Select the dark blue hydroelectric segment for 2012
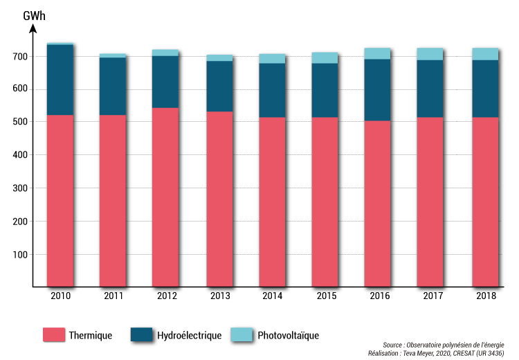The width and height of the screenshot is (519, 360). pyautogui.click(x=165, y=82)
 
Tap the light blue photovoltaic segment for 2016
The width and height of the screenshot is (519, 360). pyautogui.click(x=377, y=53)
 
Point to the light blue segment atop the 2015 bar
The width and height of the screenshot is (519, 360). pyautogui.click(x=325, y=57)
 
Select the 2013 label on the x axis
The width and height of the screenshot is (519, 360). pyautogui.click(x=219, y=296)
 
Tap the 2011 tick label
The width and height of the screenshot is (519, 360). pyautogui.click(x=113, y=296)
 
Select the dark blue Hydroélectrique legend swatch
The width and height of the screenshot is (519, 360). pyautogui.click(x=141, y=334)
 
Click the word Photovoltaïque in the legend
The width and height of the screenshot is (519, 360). pyautogui.click(x=288, y=335)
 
